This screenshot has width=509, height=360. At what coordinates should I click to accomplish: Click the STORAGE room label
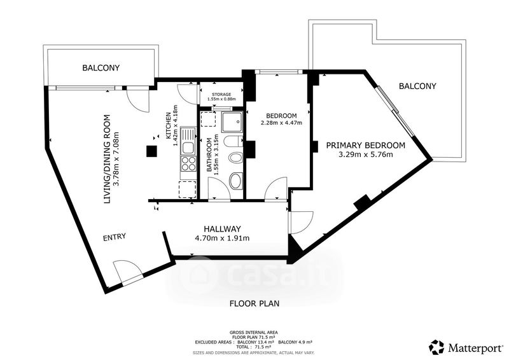click(x=221, y=94)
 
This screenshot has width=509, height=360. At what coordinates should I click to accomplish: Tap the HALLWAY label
click(x=222, y=228)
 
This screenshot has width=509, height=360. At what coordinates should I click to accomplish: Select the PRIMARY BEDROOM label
click(x=365, y=145)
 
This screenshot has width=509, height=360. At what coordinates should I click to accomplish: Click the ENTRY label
click(x=115, y=237)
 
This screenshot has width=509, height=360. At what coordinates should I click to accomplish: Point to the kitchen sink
click(x=188, y=141)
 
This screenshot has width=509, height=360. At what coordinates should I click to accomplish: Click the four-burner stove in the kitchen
click(x=188, y=163)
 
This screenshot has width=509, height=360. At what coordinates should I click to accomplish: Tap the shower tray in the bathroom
click(x=232, y=121)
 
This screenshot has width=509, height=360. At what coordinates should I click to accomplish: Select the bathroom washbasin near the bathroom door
click(x=235, y=181)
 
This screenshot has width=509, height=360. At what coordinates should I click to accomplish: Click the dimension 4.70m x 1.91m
click(x=222, y=239)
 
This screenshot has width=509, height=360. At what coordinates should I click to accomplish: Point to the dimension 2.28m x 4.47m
click(x=281, y=123)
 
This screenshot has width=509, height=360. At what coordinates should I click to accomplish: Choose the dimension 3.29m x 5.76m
click(x=365, y=154)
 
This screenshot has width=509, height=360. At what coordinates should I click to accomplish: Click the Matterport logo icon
click(x=436, y=347)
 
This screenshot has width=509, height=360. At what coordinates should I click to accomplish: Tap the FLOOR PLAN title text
click(x=254, y=303)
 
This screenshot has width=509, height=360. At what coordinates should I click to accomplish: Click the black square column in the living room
click(x=151, y=151)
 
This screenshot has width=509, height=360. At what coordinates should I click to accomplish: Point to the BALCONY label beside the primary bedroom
click(x=417, y=86)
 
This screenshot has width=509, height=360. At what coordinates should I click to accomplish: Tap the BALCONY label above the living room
click(x=101, y=68)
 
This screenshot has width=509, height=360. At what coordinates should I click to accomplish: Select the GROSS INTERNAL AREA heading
click(x=253, y=332)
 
